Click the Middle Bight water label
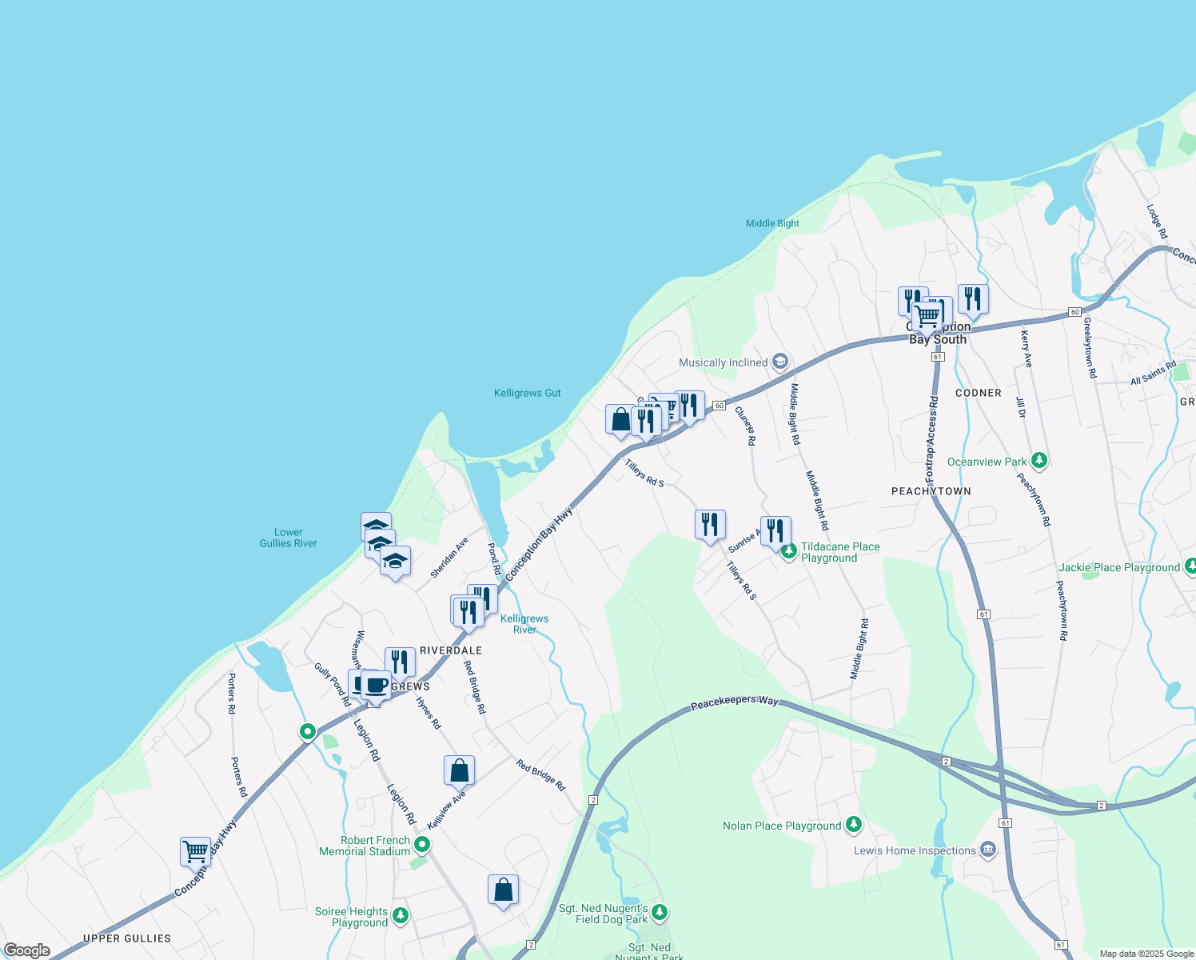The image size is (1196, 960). tap(772, 223)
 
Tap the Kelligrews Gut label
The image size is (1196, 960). tap(527, 393)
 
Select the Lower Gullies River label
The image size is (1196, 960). tap(288, 538)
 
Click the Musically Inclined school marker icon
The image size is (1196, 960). tap(780, 362)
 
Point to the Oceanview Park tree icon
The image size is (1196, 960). tap(1039, 461)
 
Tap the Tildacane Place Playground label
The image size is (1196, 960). tap(839, 552)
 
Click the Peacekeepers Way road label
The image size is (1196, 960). tap(734, 702)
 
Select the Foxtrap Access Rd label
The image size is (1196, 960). tap(931, 438)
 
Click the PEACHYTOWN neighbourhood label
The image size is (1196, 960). tap(931, 491)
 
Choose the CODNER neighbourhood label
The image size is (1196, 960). tap(978, 393)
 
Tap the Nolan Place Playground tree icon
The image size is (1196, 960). tap(854, 824)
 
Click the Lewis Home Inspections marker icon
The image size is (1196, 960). tap(988, 849)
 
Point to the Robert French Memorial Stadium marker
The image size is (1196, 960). tap(422, 844)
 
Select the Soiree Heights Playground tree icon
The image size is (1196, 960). tap(401, 915)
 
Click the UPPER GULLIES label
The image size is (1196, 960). tap(127, 938)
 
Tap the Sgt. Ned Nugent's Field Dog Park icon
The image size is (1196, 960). tap(660, 912)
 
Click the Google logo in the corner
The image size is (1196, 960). tap(26, 950)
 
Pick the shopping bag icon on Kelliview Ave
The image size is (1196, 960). tap(459, 770)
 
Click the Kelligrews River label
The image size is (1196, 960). tap(524, 624)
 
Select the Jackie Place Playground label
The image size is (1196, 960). tap(1118, 567)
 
